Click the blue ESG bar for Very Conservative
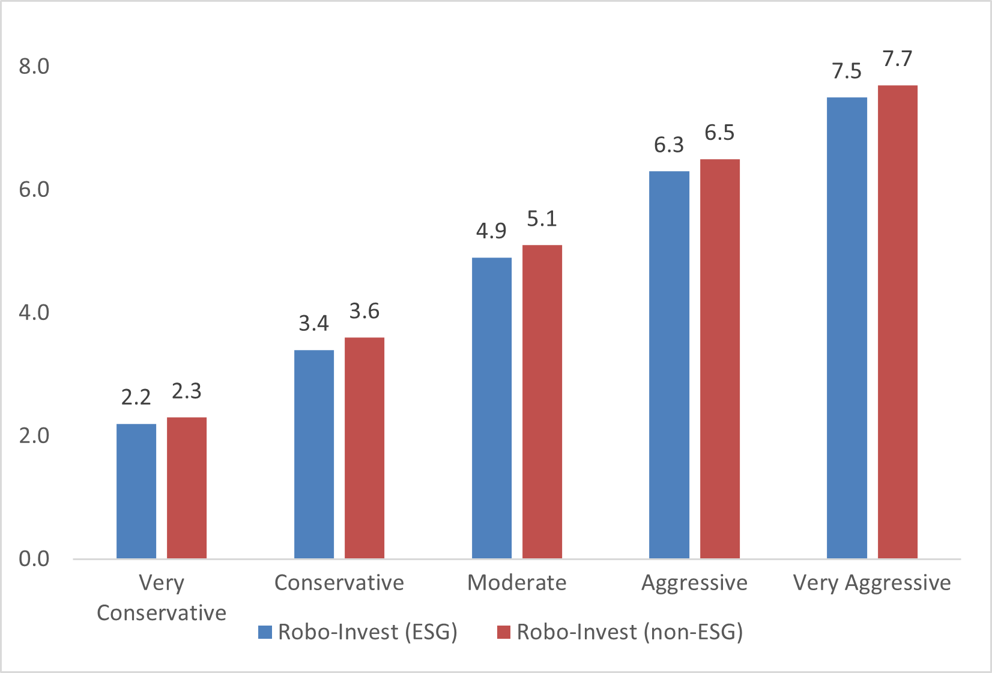[136, 491]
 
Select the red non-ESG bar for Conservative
[364, 448]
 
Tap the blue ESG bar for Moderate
[492, 408]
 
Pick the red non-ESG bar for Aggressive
[720, 359]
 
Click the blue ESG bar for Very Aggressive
[847, 328]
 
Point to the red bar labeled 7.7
[898, 322]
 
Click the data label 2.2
[136, 397]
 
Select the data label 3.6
[364, 311]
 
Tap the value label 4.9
[491, 231]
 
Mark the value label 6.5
[719, 133]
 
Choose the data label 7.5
[847, 71]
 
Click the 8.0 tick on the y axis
[34, 66]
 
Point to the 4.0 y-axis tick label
[34, 312]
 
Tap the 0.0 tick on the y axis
[34, 558]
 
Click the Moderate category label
[517, 582]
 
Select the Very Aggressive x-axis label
[872, 582]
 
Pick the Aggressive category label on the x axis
[694, 582]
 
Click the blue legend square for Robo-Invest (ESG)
[265, 632]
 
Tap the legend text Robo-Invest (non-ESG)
[630, 632]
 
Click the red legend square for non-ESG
[503, 632]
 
